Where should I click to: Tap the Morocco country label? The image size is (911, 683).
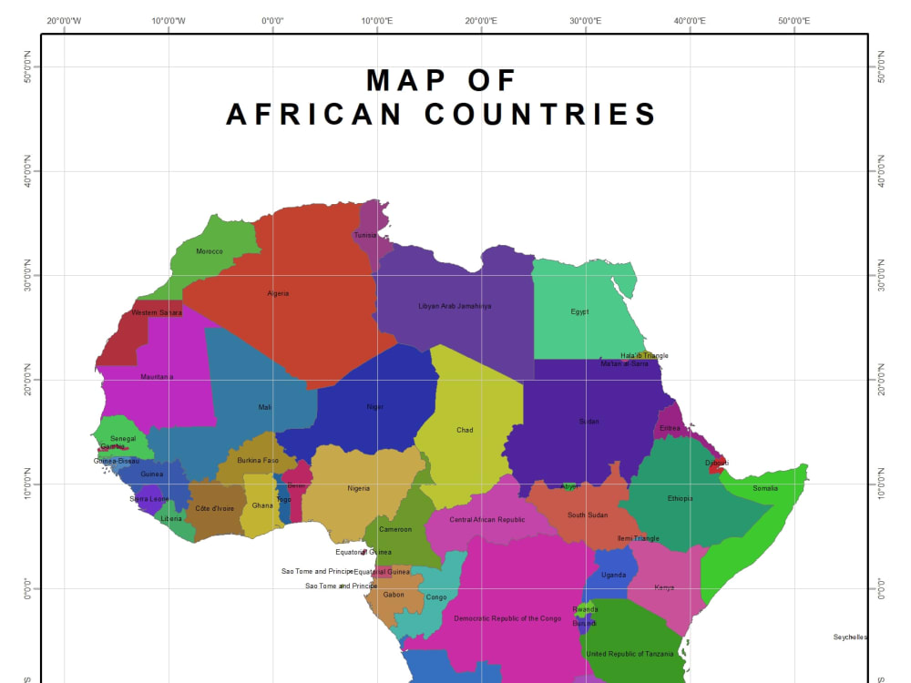[x=210, y=251]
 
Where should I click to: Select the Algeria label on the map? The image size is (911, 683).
[x=278, y=293]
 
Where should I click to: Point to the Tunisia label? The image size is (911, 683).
[x=365, y=235]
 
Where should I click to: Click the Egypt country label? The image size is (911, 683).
[x=579, y=311]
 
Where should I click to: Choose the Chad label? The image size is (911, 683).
[x=465, y=430]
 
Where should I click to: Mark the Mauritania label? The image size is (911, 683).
[x=157, y=377]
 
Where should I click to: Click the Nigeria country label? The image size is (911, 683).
[x=359, y=488]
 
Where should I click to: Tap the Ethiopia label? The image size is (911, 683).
[x=680, y=498]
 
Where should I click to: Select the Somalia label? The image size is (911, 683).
[x=765, y=488]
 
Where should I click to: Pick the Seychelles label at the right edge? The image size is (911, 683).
[x=850, y=637]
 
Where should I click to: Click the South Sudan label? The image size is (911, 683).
[x=588, y=515]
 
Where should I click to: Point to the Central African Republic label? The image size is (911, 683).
[x=487, y=520]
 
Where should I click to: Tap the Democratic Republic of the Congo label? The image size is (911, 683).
[x=507, y=618]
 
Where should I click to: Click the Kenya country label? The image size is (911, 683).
[x=664, y=587]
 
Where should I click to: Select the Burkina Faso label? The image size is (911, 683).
[x=258, y=460]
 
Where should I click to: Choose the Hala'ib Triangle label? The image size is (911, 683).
[x=644, y=355]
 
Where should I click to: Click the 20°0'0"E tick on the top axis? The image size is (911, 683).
[x=481, y=20]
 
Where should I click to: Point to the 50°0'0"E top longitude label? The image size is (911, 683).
[x=793, y=20]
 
